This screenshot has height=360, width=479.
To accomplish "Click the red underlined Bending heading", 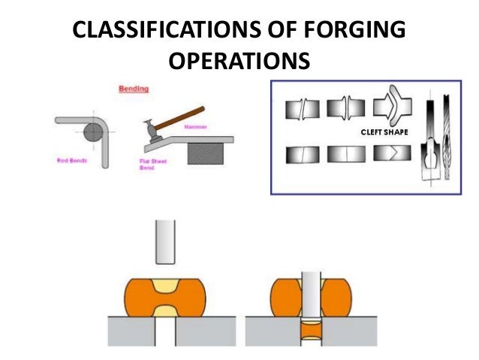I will click(134, 89).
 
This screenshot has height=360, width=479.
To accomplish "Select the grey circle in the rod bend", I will click(92, 133).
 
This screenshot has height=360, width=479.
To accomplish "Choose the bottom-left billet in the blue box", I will click(300, 155).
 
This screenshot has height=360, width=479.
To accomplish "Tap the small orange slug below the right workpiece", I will click(310, 330).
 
